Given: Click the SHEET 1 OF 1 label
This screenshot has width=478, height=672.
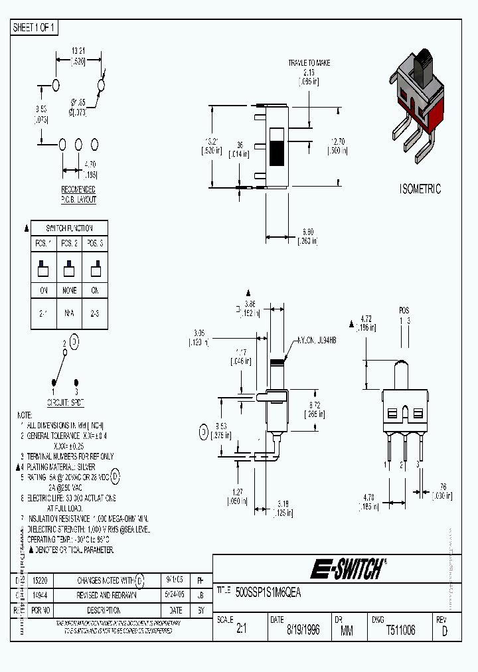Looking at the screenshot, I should tap(35, 28).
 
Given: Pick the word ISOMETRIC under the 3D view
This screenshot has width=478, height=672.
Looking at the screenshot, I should tap(420, 189).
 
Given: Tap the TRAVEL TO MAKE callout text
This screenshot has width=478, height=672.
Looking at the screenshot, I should tap(309, 63).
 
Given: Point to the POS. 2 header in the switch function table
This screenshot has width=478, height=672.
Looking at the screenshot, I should tap(70, 243).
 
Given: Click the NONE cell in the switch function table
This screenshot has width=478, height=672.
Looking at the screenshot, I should tap(70, 290).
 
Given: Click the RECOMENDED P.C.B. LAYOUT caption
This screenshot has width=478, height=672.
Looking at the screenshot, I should tap(78, 195).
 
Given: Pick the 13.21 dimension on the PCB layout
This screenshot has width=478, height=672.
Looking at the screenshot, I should tap(78, 50).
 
